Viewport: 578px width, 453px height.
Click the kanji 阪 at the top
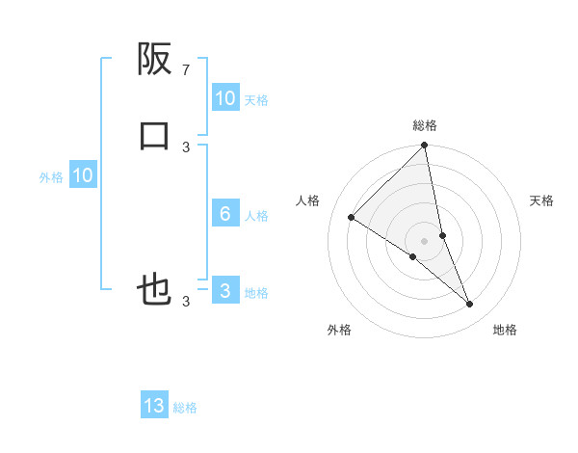(x=154, y=60)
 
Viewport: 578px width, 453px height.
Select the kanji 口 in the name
(x=154, y=135)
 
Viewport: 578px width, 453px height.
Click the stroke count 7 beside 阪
(x=186, y=69)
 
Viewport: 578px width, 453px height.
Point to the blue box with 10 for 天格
(x=224, y=98)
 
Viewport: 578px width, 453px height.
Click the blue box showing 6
(x=224, y=214)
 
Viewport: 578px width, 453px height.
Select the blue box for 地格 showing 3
(x=224, y=291)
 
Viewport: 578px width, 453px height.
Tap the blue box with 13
(x=154, y=406)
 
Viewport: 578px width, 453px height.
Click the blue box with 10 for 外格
(x=83, y=175)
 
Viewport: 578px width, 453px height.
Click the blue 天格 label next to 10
(x=256, y=100)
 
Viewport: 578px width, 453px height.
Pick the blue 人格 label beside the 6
(x=256, y=216)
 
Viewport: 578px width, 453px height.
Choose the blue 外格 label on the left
(x=51, y=177)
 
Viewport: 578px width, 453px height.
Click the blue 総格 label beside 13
(x=186, y=408)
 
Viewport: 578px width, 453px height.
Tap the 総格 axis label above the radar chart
(x=425, y=125)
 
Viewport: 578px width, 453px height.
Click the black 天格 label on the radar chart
(x=542, y=200)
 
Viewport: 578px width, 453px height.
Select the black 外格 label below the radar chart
(x=339, y=330)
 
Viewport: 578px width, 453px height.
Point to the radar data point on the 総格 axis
(x=425, y=147)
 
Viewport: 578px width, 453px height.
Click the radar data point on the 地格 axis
(x=470, y=305)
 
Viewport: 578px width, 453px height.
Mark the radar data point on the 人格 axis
(x=352, y=217)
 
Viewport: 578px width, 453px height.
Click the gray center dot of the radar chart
(x=425, y=240)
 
